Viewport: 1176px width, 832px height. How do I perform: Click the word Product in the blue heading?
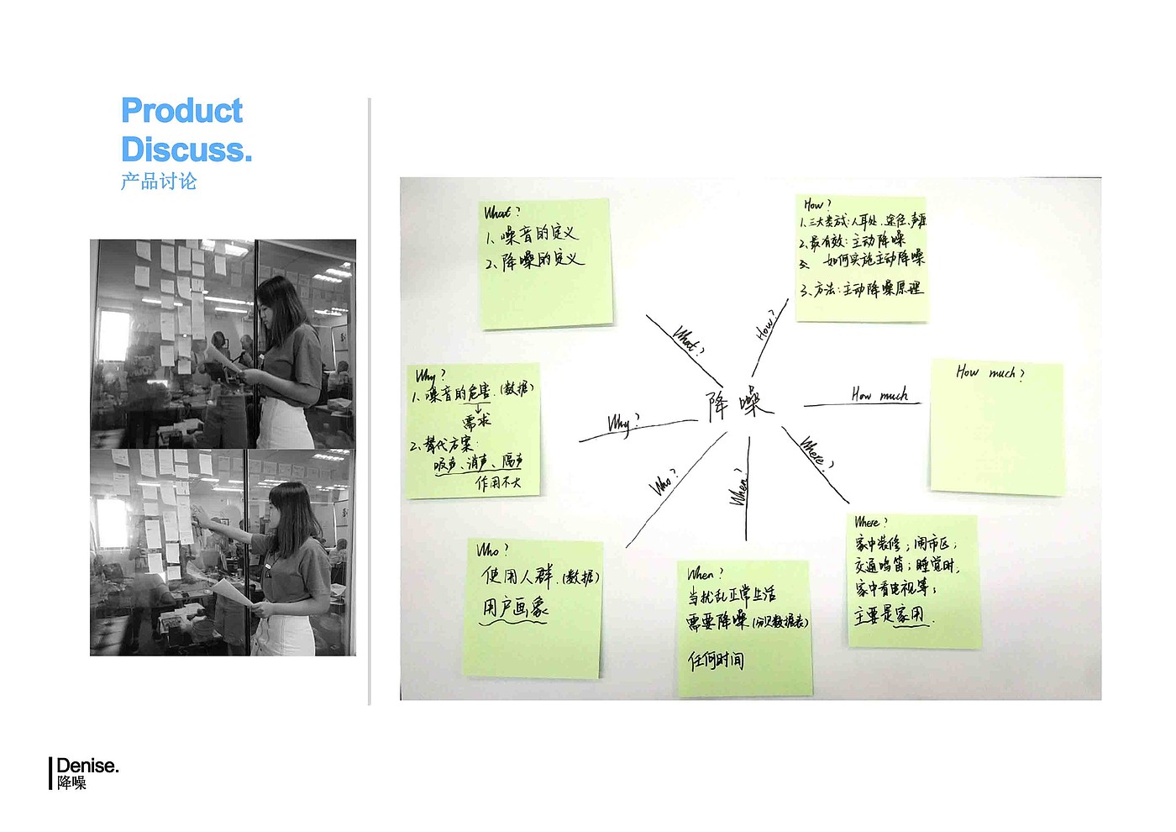[x=181, y=111]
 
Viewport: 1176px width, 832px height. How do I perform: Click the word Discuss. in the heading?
[x=186, y=150]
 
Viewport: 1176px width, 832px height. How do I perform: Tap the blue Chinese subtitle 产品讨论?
[x=159, y=182]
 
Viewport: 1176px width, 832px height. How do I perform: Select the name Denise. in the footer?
[x=87, y=766]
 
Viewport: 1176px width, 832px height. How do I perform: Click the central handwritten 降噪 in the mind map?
[x=738, y=404]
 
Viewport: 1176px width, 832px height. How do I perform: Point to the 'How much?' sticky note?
[x=996, y=428]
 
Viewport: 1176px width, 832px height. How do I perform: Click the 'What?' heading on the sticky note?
[x=501, y=212]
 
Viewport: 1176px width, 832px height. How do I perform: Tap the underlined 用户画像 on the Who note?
[x=515, y=608]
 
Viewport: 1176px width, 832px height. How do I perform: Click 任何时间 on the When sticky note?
[x=716, y=661]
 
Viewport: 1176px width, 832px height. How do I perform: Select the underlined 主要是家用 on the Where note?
[x=890, y=615]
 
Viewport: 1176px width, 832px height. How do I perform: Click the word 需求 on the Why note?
[x=476, y=420]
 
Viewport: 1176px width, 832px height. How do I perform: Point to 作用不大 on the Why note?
[x=498, y=482]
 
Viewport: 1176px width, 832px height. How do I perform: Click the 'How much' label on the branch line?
[x=879, y=394]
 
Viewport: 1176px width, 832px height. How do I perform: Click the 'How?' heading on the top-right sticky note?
[x=816, y=204]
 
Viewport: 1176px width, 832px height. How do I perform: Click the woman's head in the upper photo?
[x=279, y=301]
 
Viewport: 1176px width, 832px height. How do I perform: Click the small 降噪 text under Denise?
[x=72, y=783]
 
